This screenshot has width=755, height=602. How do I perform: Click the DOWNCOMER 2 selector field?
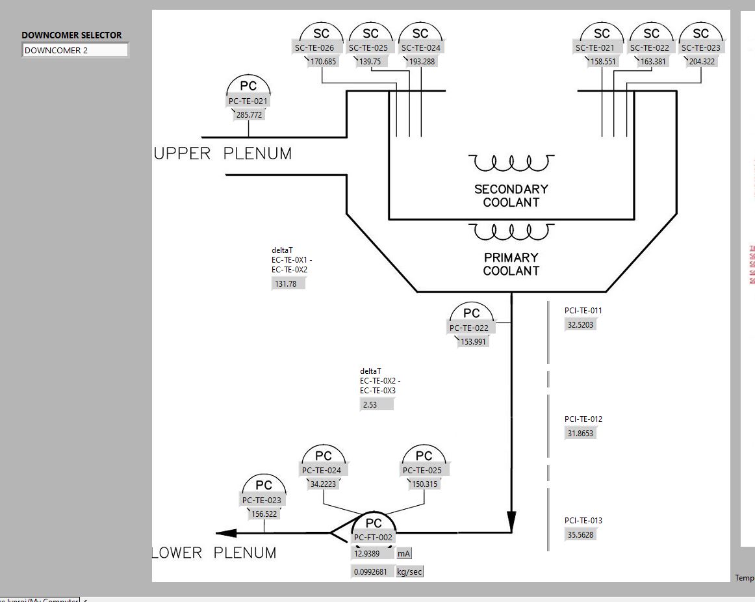(75, 50)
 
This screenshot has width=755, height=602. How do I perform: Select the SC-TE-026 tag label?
(314, 47)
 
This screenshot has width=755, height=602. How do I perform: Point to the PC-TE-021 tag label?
(248, 101)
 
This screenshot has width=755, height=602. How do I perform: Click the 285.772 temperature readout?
(249, 115)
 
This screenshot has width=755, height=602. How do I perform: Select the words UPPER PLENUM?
(223, 154)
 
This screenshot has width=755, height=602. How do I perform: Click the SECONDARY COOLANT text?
(511, 196)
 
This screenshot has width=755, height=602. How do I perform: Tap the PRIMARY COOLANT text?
(511, 264)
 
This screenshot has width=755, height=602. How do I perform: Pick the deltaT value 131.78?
(288, 284)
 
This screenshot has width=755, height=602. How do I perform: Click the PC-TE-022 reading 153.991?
(473, 342)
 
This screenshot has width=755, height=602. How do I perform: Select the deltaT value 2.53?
(377, 404)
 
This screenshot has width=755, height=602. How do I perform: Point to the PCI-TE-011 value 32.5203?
(580, 325)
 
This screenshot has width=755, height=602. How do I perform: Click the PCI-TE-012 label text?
(583, 419)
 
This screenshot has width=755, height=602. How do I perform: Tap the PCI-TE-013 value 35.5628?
(580, 535)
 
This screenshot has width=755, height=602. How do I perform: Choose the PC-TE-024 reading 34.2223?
(323, 484)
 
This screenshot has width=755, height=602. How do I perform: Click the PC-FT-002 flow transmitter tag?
(374, 538)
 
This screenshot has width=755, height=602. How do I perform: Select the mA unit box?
(404, 554)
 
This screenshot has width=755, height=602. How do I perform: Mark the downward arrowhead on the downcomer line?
(511, 521)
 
